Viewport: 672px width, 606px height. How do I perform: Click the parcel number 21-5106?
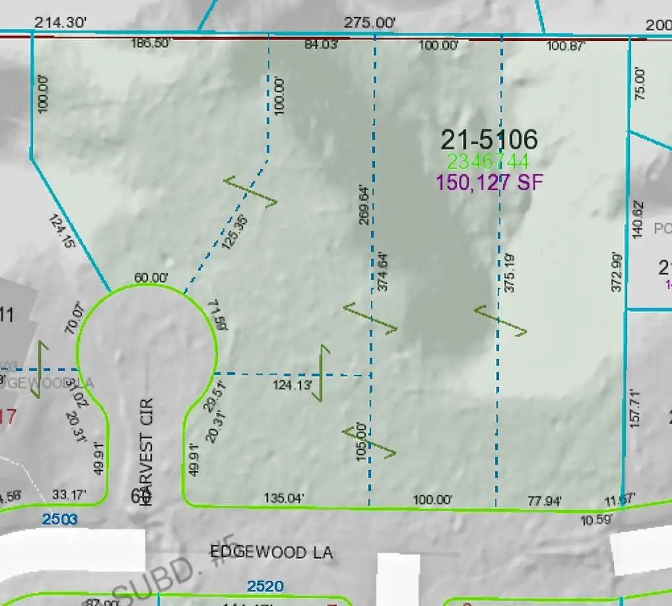(488, 139)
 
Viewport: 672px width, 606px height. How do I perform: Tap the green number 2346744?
(488, 162)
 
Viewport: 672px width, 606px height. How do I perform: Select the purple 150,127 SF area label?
(488, 182)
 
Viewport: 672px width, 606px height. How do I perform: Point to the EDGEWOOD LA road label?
(271, 552)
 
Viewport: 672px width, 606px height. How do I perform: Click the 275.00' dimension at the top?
(370, 22)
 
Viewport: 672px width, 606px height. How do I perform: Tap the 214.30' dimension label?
(61, 22)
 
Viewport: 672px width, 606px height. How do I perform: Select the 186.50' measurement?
(151, 44)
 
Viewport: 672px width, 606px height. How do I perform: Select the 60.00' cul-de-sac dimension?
(151, 279)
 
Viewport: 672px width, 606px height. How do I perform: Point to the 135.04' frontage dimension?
(284, 498)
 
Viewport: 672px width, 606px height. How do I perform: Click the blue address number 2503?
(60, 520)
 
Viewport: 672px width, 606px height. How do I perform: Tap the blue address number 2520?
(265, 586)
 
